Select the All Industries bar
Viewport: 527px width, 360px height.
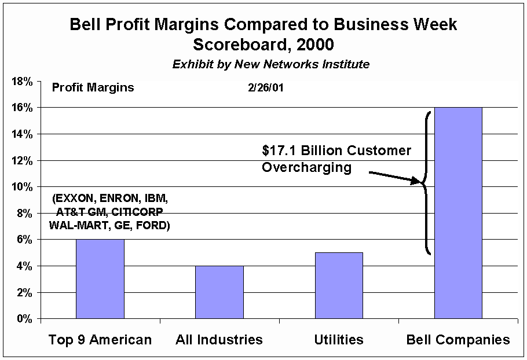[x=219, y=292]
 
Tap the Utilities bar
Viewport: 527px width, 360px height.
[x=339, y=285]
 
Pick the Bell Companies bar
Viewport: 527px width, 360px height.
[x=458, y=213]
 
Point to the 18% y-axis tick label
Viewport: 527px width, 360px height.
[x=22, y=81]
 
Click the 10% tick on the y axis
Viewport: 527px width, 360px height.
[x=22, y=187]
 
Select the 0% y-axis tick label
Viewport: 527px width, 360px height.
[x=24, y=319]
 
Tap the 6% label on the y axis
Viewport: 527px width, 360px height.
[x=24, y=240]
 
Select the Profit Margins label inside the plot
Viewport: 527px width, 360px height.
[x=93, y=88]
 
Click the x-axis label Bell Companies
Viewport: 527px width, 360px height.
[x=458, y=340]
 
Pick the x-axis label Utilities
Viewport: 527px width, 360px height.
[x=339, y=340]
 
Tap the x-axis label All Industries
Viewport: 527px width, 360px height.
[x=219, y=340]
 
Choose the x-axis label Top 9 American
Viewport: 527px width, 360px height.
[x=100, y=340]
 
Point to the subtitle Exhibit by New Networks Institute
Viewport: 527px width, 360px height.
[x=270, y=64]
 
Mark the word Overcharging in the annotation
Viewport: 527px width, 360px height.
[x=306, y=167]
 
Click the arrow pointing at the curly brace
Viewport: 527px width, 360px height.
[x=394, y=177]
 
